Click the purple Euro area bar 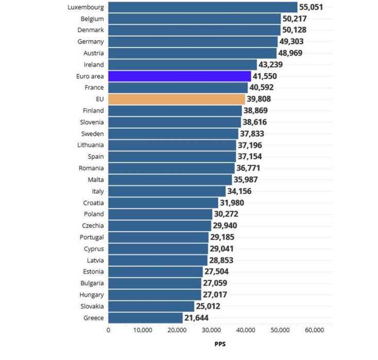click(x=179, y=76)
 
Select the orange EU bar click(x=177, y=99)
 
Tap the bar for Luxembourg click(x=202, y=7)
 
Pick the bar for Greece click(x=145, y=318)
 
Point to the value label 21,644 click(x=199, y=318)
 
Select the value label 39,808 click(x=261, y=99)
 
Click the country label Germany click(x=91, y=42)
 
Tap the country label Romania click(x=91, y=168)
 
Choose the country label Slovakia click(x=91, y=306)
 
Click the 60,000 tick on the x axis click(x=314, y=330)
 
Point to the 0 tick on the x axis click(x=108, y=330)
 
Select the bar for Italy click(x=167, y=191)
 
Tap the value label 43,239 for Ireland click(x=273, y=64)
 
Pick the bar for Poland click(x=160, y=214)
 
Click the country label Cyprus click(x=93, y=249)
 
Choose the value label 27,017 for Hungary click(x=217, y=295)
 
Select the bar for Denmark click(x=194, y=30)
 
